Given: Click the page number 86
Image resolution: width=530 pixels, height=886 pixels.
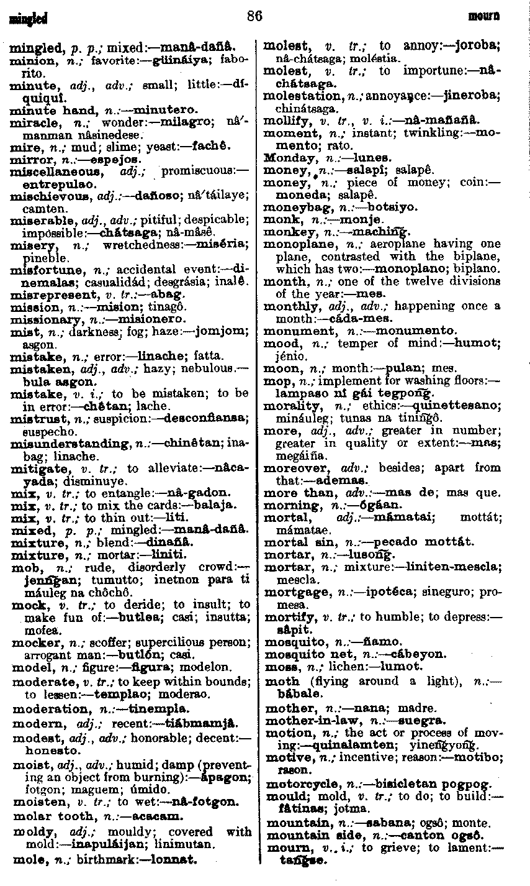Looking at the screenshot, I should pos(254,16).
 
